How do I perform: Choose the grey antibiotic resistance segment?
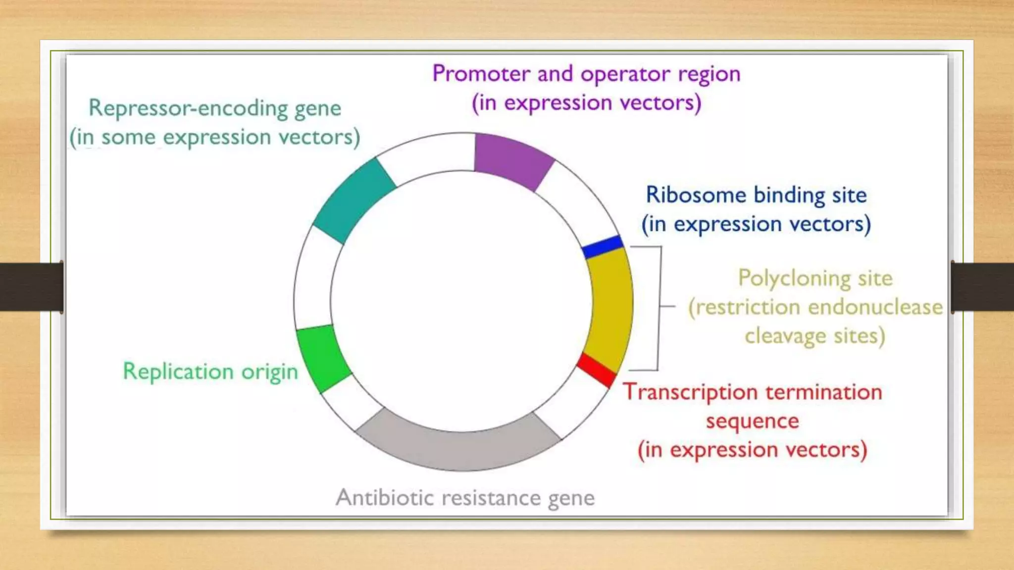[x=458, y=443]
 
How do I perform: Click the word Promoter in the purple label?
[x=482, y=74]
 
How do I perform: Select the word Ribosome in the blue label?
[x=696, y=195]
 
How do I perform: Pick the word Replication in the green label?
[x=178, y=372]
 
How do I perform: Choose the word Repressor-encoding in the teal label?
[x=188, y=108]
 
